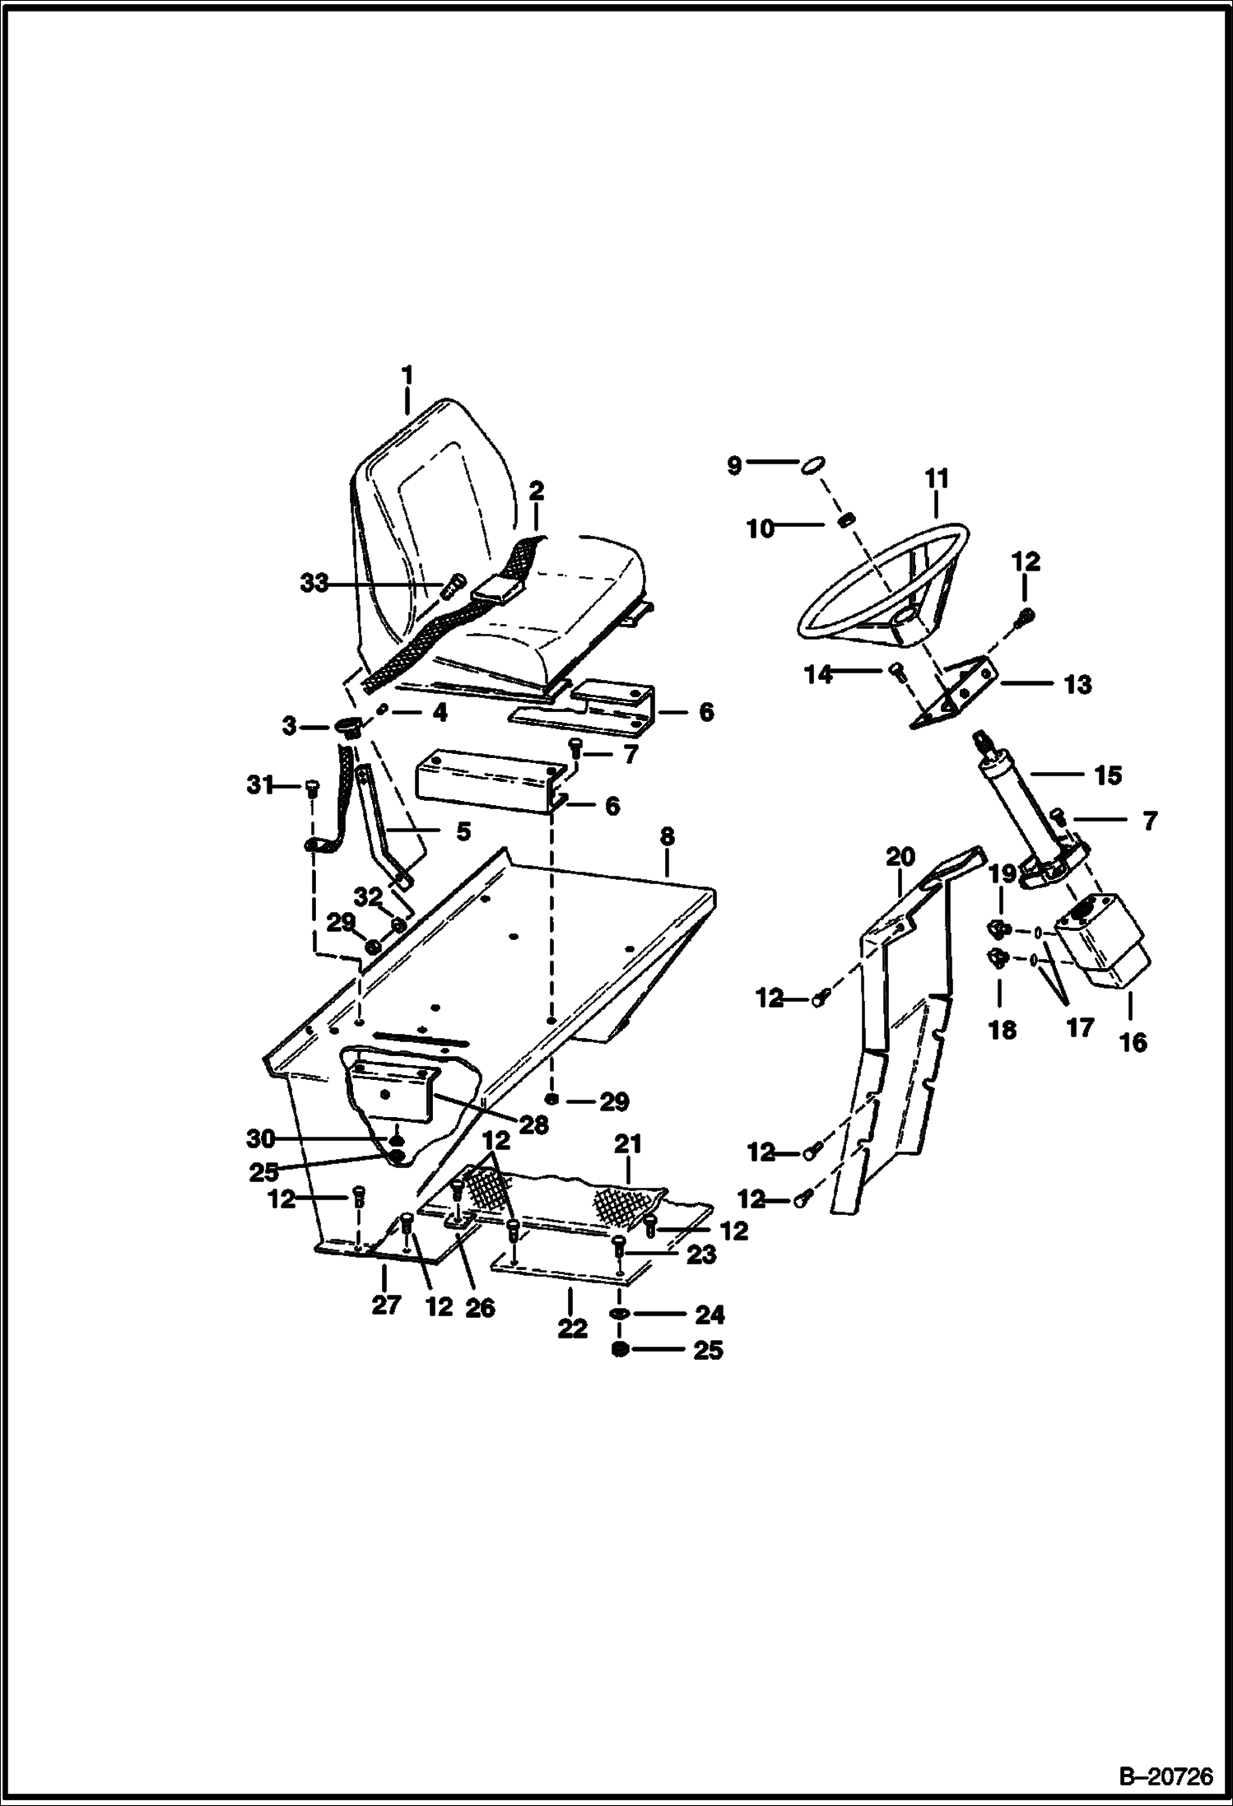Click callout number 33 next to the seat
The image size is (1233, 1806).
coord(314,584)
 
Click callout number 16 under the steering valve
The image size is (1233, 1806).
coord(1133,1042)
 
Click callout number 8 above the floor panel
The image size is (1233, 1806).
coord(667,836)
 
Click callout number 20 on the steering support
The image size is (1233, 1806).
coord(900,857)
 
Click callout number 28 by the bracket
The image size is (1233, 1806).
coord(533,1124)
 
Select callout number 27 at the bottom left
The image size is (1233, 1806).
coord(386,1305)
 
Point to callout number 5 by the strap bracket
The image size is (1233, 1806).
coord(463,831)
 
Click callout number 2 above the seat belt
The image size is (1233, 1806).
coord(536,491)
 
